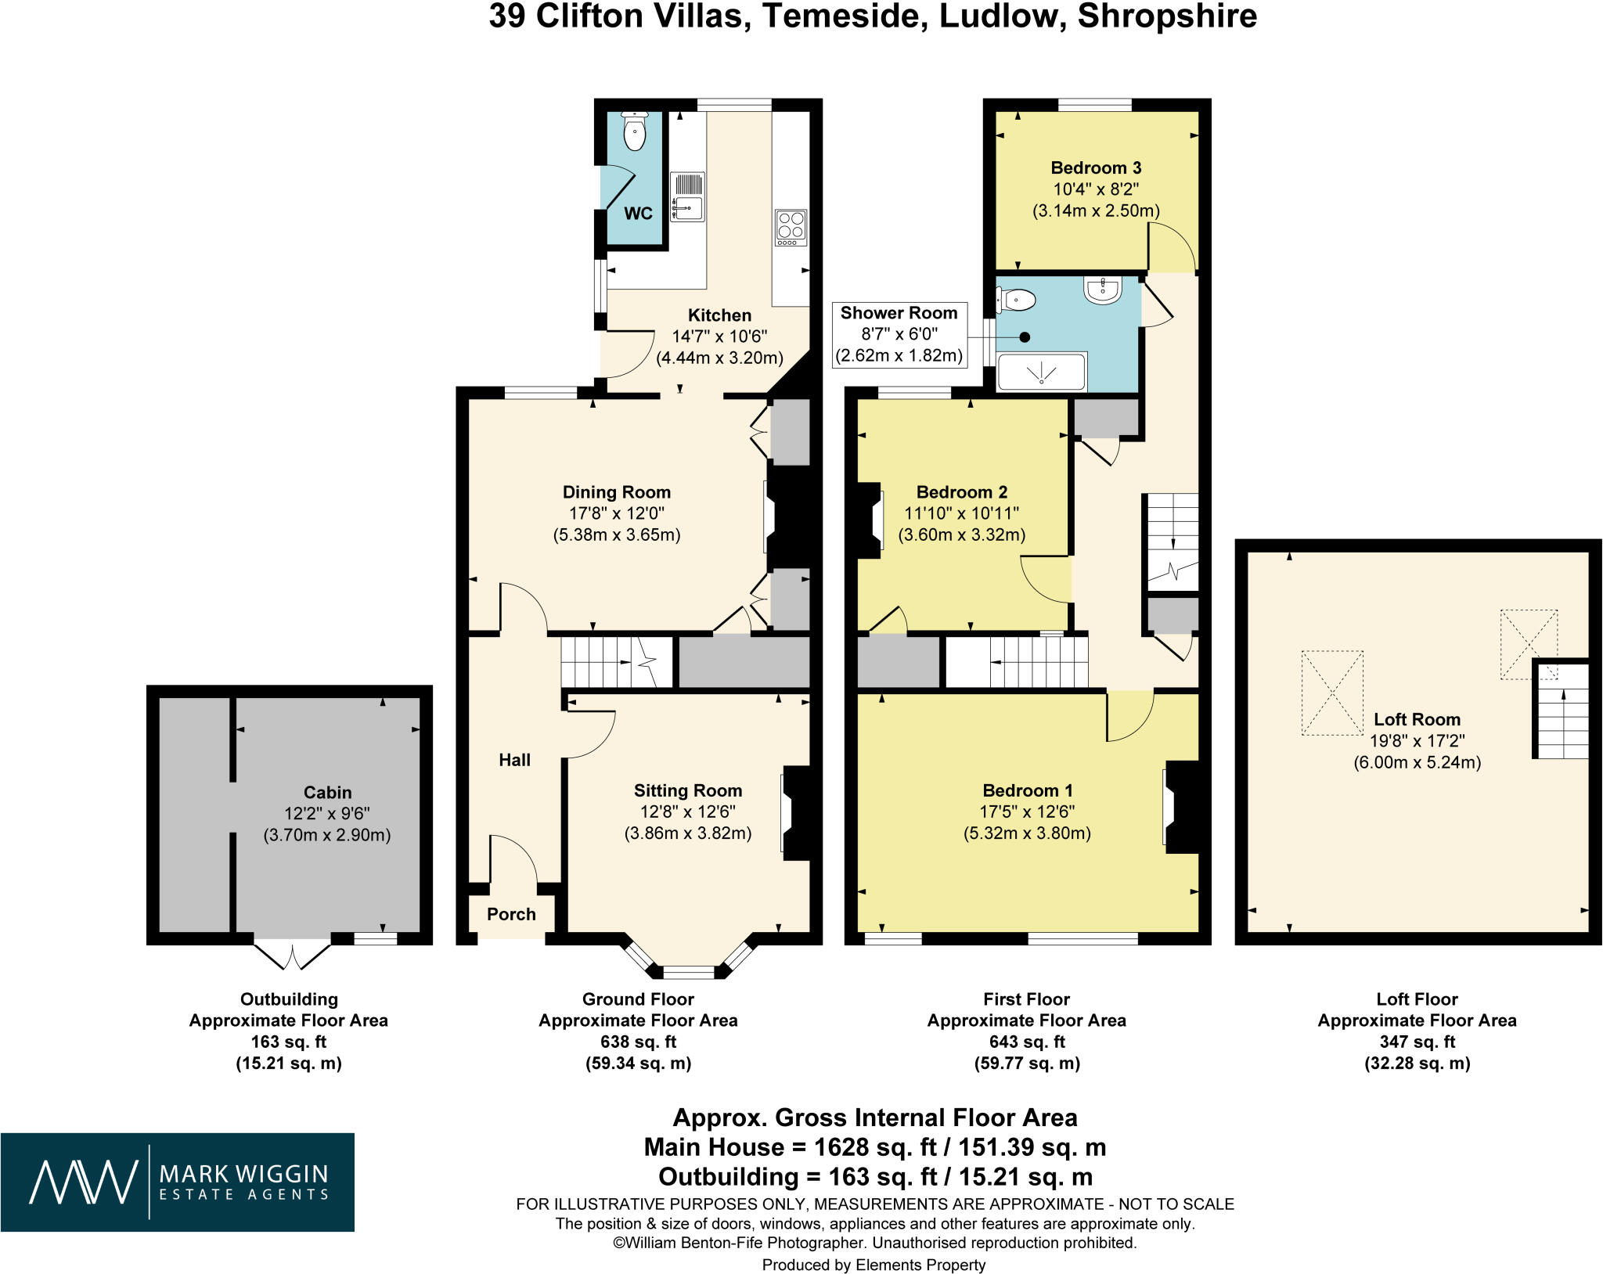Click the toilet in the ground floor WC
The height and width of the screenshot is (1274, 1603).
(634, 130)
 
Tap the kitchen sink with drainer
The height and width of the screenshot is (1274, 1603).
(688, 196)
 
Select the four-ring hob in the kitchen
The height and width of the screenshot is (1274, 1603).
(791, 228)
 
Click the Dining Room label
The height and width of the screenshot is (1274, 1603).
(617, 492)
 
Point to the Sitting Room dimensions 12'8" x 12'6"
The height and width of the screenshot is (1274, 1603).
(688, 812)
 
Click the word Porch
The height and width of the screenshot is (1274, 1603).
(511, 914)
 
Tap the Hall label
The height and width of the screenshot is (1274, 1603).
(515, 760)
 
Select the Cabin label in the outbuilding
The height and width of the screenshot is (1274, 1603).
(327, 792)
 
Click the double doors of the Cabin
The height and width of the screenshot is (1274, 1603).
(293, 954)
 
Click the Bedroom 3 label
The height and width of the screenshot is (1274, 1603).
(1096, 167)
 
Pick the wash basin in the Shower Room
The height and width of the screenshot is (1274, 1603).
(1103, 290)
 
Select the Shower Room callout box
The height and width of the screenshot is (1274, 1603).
(899, 335)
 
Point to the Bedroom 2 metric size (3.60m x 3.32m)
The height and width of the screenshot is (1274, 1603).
(962, 535)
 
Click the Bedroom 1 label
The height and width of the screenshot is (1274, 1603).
(1028, 790)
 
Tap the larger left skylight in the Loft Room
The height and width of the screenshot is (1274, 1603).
(1332, 693)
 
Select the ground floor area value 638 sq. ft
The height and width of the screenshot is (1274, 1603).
(638, 1042)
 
